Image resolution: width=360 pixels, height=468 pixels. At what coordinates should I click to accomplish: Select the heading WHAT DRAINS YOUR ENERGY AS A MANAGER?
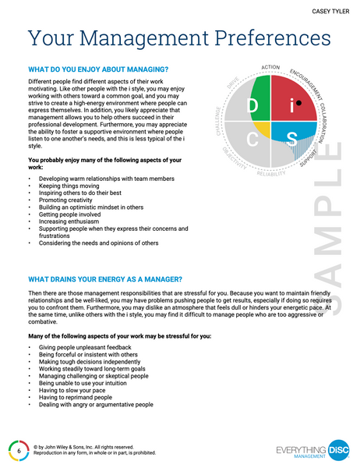click(104, 278)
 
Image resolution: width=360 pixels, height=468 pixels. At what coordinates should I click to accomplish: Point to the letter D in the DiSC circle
click(252, 105)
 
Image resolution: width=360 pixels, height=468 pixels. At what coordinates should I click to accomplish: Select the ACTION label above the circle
click(271, 68)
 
